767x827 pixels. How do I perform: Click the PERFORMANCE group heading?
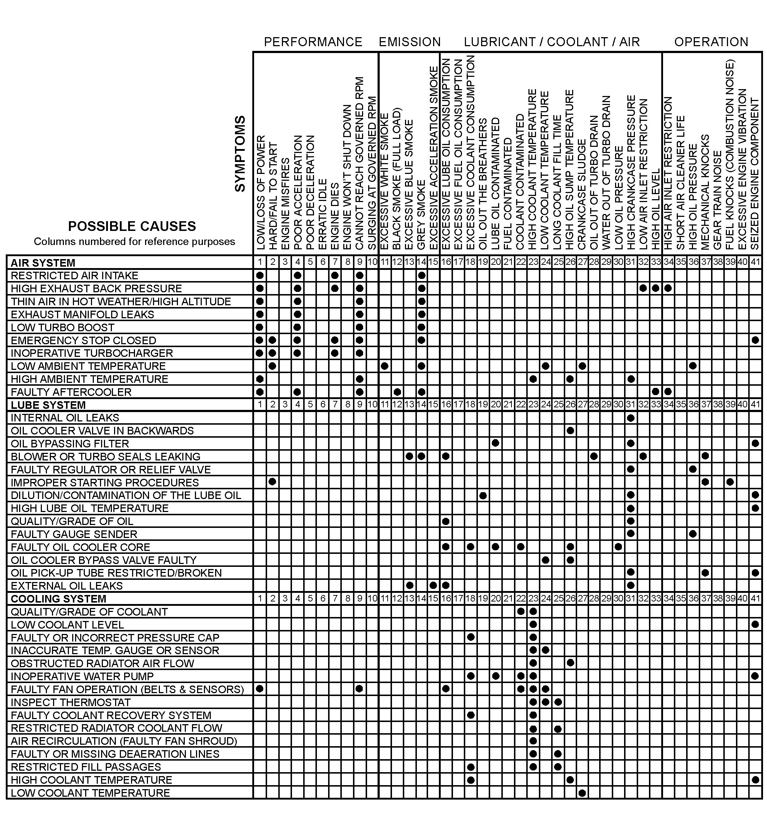(x=313, y=42)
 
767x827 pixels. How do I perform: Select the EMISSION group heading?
(x=409, y=42)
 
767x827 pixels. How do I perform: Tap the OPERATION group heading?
(x=711, y=42)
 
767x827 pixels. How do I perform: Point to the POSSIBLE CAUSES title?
(x=132, y=226)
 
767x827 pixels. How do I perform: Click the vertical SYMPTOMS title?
(x=240, y=154)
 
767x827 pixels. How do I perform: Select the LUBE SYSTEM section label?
(x=48, y=405)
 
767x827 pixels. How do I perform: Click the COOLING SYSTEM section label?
(x=58, y=599)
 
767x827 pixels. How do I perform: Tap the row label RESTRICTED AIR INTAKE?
(x=74, y=276)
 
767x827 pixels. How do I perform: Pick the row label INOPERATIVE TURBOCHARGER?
(x=92, y=353)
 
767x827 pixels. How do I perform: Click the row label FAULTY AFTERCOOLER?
(x=71, y=392)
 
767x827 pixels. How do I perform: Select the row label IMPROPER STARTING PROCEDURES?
(x=105, y=482)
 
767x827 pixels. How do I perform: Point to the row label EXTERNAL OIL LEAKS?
(x=67, y=586)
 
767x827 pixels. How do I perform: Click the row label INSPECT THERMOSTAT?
(x=70, y=703)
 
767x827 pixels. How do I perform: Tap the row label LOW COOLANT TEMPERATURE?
(x=91, y=793)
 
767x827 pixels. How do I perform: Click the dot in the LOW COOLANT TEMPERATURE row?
(x=582, y=793)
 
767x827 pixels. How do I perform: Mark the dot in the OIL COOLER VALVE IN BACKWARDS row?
(x=570, y=431)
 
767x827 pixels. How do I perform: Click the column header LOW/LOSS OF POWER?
(x=260, y=193)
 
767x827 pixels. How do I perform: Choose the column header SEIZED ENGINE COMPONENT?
(x=755, y=174)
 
